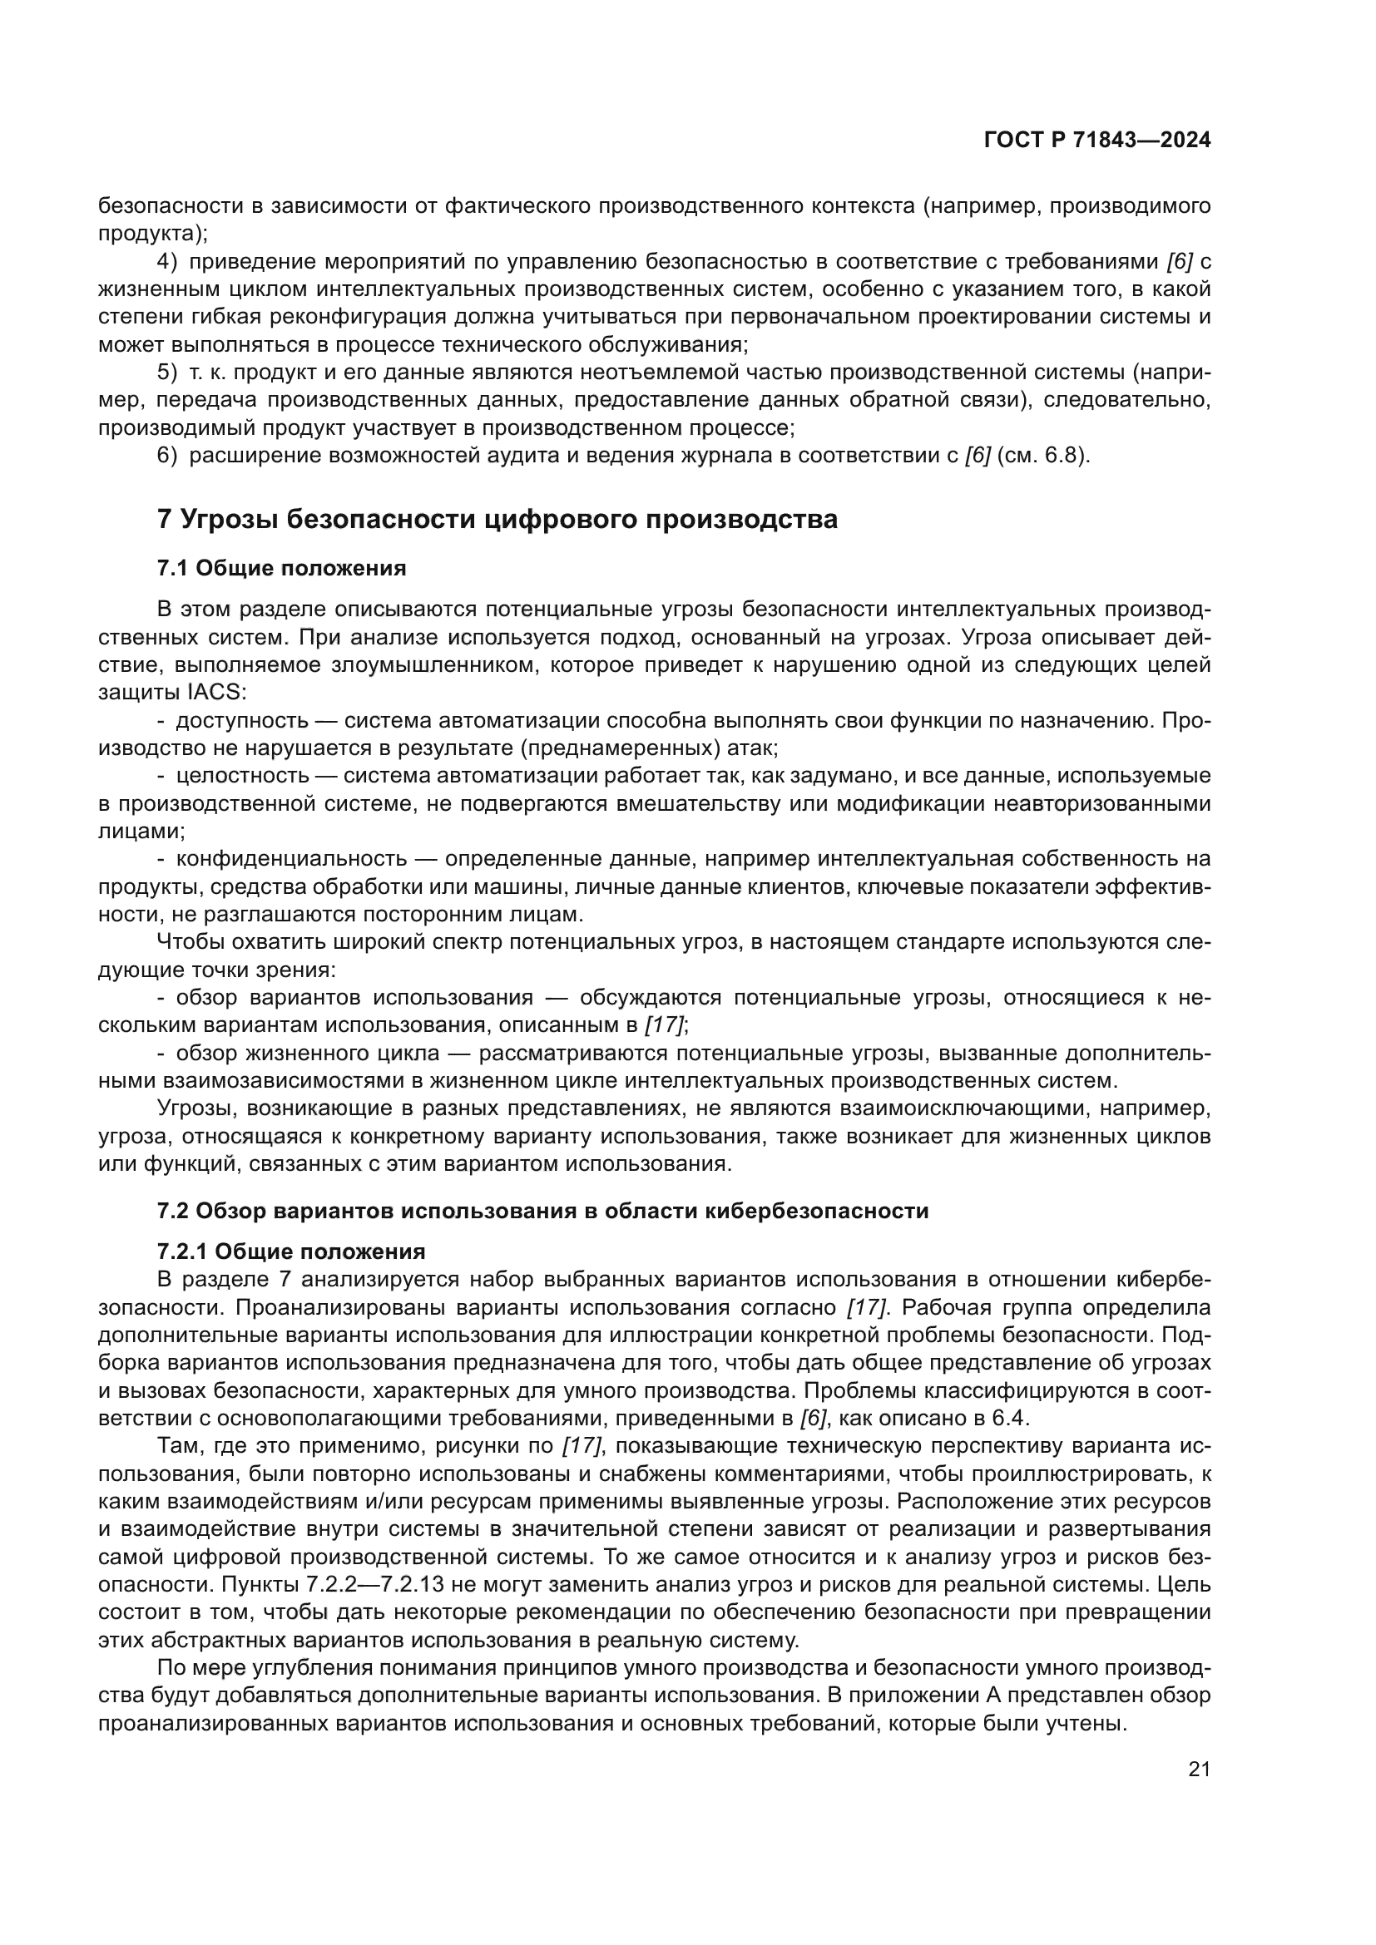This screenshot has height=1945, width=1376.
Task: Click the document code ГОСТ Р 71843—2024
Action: [x=1096, y=141]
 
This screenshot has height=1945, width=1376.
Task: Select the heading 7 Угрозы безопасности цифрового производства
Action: [x=497, y=519]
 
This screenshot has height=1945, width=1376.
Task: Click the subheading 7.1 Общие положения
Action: [x=281, y=569]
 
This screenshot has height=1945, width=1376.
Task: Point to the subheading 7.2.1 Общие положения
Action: [x=290, y=1251]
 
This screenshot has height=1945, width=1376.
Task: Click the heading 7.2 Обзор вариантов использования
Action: [x=542, y=1211]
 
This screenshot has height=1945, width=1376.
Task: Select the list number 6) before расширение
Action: [x=168, y=456]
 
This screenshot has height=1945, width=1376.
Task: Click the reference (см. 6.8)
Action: [x=1043, y=456]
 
